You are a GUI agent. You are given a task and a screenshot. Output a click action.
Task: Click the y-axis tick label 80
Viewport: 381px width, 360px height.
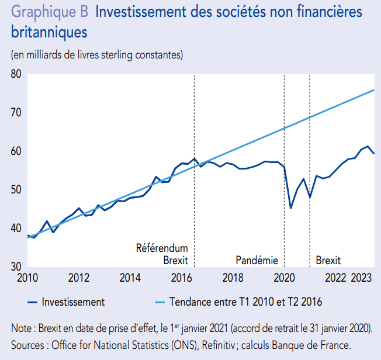click(x=15, y=75)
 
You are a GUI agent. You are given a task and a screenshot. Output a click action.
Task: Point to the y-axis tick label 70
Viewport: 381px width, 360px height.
click(x=15, y=113)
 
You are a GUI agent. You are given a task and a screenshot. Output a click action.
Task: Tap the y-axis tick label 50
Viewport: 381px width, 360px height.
click(x=15, y=190)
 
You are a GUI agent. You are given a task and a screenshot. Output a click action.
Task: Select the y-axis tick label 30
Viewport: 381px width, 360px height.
click(x=15, y=267)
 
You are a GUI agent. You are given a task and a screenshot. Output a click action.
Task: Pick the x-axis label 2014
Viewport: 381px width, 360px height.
click(x=130, y=277)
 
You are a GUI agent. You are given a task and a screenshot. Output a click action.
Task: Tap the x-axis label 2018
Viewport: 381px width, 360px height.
click(x=233, y=277)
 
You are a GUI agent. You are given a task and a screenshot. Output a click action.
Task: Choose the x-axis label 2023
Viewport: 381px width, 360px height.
click(x=363, y=277)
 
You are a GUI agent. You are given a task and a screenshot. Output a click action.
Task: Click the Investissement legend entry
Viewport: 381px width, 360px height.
click(x=73, y=302)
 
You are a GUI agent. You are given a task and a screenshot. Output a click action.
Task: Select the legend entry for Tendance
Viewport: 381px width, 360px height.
click(x=245, y=302)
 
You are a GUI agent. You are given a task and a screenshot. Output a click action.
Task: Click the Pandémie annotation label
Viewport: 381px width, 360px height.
click(x=257, y=260)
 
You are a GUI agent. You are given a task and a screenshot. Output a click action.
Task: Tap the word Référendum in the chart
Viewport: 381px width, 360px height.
click(x=162, y=248)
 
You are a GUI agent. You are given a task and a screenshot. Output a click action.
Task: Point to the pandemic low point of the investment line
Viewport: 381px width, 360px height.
click(x=291, y=208)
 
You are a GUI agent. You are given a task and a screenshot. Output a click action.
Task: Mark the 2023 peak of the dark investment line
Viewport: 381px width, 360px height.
click(x=368, y=146)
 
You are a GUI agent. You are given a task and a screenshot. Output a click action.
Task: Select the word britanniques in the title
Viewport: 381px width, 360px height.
click(x=49, y=32)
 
